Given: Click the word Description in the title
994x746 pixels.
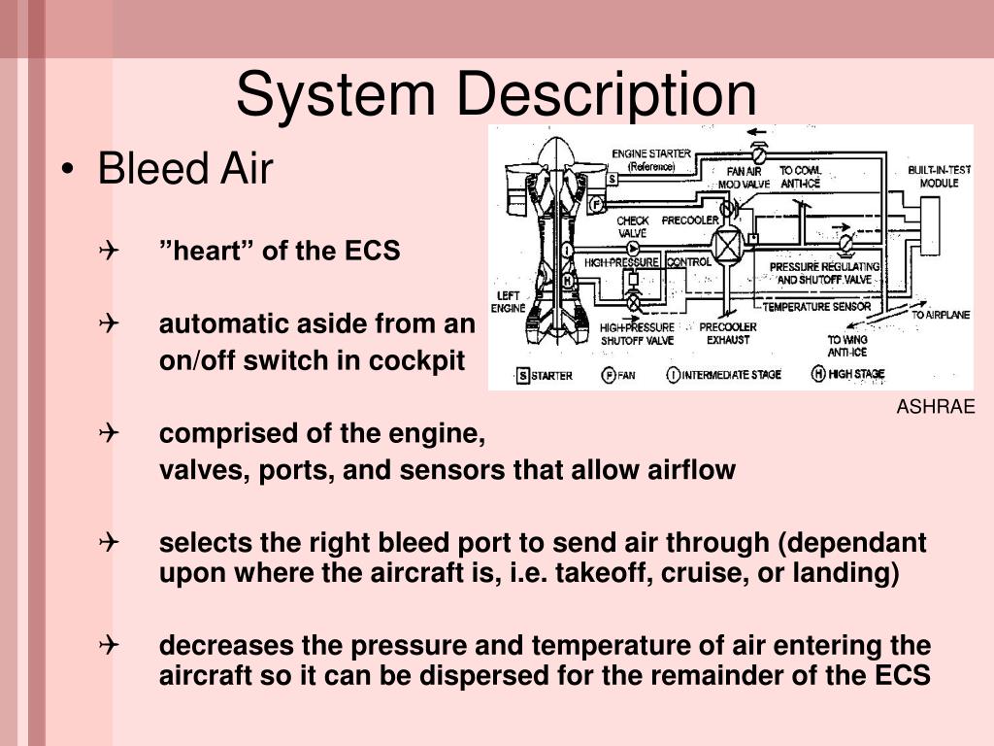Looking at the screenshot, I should click(x=607, y=95).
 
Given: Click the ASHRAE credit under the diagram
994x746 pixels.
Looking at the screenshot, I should click(x=935, y=407).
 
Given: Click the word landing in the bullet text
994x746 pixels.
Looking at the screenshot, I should click(x=850, y=573).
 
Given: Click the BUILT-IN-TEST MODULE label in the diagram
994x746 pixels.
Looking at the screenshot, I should click(x=933, y=176).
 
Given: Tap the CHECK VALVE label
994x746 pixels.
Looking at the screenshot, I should click(x=632, y=226).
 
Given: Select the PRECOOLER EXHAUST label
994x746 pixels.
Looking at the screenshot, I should click(x=727, y=333).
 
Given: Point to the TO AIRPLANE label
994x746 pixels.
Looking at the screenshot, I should click(x=939, y=314).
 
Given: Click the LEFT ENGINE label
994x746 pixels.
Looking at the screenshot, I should click(x=508, y=302).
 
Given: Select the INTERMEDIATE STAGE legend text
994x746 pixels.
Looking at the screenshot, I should click(x=732, y=375).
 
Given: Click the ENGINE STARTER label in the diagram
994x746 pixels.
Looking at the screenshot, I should click(x=651, y=159).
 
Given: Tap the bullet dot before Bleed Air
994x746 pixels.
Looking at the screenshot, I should click(x=67, y=171).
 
